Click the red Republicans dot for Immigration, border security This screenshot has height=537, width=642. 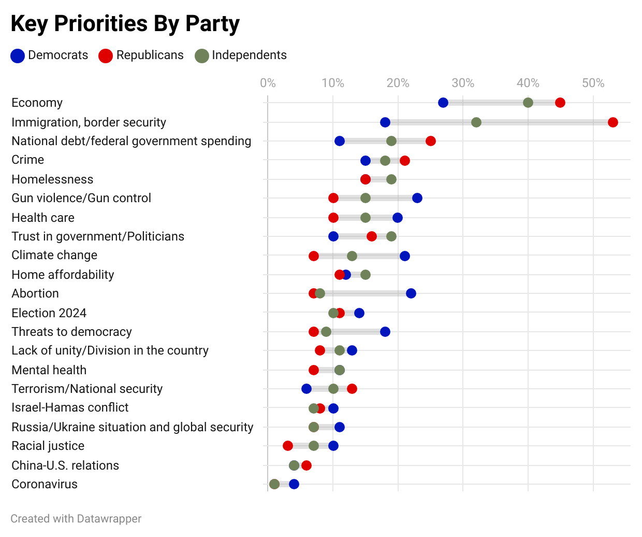(x=612, y=122)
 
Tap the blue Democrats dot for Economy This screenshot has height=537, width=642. (x=443, y=103)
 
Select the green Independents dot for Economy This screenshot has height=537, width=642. (x=528, y=103)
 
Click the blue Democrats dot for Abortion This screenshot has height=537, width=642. (x=411, y=293)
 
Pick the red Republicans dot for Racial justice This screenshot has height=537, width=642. (x=288, y=446)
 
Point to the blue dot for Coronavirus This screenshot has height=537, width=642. (x=294, y=484)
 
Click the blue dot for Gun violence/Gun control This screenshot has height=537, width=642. (x=417, y=198)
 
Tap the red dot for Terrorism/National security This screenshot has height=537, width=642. (x=352, y=389)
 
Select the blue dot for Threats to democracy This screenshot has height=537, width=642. (x=385, y=332)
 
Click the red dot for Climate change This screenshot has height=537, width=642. (x=314, y=256)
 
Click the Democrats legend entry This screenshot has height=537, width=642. (x=50, y=55)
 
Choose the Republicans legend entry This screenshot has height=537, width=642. (x=141, y=55)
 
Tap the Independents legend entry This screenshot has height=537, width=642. (x=241, y=55)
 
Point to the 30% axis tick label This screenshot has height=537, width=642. (x=463, y=83)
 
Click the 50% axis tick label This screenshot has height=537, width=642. (x=593, y=83)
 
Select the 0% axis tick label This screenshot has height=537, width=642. (x=268, y=83)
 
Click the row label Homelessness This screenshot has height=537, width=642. (x=52, y=179)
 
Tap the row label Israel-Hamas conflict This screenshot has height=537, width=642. (x=70, y=407)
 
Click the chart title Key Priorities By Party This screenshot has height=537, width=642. (x=125, y=24)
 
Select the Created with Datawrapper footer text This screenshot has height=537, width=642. (x=76, y=519)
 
